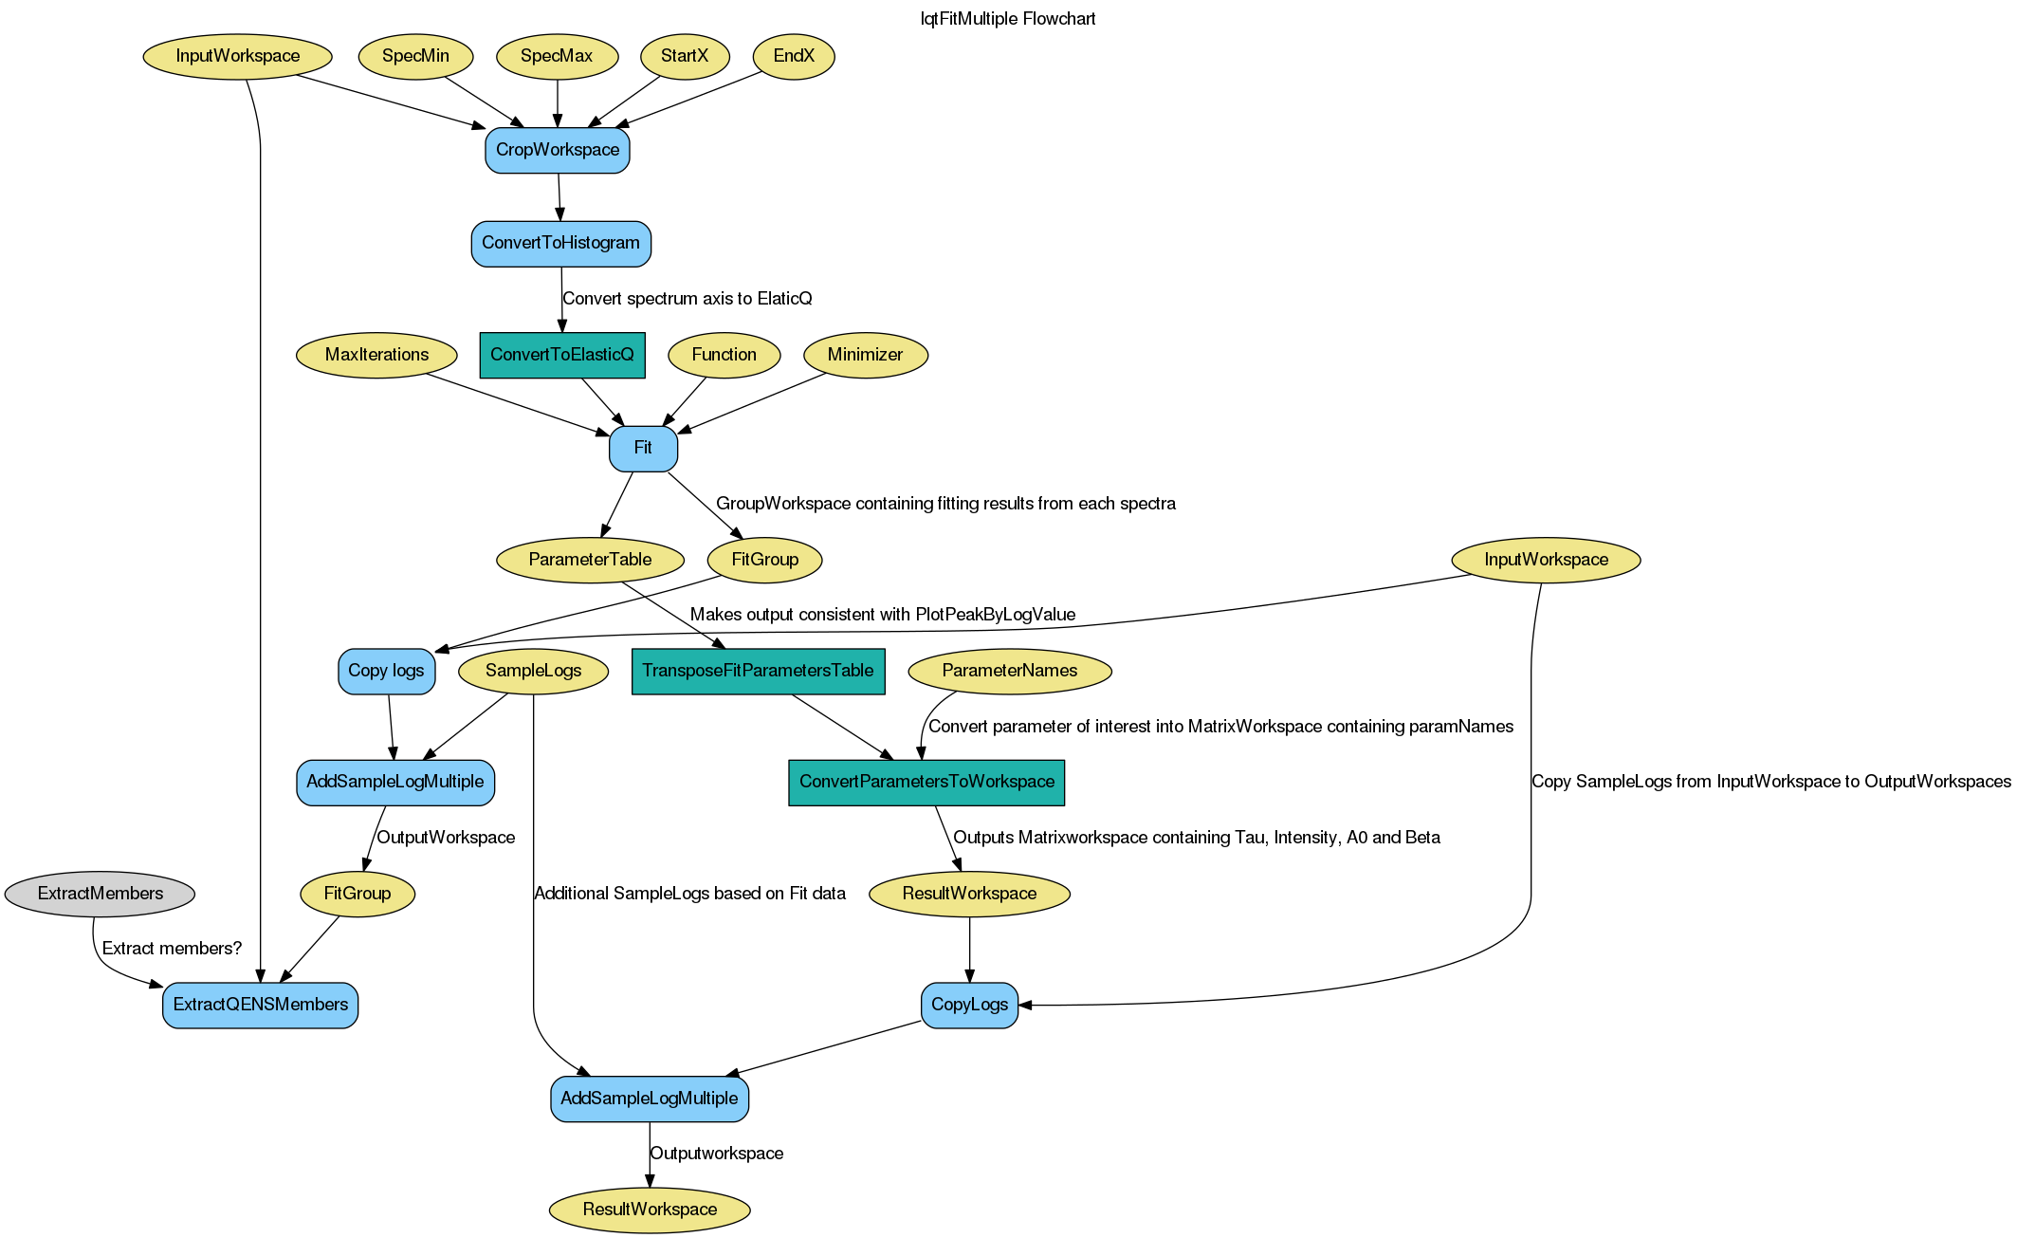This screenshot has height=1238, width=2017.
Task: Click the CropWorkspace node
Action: tap(558, 150)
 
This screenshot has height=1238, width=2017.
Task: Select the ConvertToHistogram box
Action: tap(560, 243)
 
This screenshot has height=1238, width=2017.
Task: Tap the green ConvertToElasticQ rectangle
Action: tap(562, 355)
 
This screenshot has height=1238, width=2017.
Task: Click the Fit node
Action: tap(643, 448)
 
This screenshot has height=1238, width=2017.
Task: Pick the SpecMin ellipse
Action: tap(415, 56)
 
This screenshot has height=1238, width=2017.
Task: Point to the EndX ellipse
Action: tap(794, 56)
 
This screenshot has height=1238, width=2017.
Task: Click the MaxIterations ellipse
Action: tap(376, 355)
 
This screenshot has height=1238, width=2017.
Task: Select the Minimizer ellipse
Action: tap(865, 355)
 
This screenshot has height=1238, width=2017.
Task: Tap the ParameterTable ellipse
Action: tap(590, 560)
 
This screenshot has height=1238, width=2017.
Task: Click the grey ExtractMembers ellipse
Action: tap(100, 894)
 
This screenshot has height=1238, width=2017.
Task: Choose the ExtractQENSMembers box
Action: tap(261, 1005)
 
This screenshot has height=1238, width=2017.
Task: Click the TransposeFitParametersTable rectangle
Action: tap(758, 671)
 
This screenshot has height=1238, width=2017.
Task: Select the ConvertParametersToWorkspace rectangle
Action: tap(926, 782)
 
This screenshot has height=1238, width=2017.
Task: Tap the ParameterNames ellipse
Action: tap(1009, 671)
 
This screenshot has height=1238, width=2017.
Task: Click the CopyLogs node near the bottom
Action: tap(969, 1005)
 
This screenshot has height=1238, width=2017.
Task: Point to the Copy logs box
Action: tap(386, 671)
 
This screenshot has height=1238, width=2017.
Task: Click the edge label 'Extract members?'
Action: tap(172, 949)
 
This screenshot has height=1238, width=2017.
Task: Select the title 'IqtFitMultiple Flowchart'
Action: tap(1008, 19)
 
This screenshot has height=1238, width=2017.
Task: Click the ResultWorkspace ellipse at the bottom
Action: tap(650, 1210)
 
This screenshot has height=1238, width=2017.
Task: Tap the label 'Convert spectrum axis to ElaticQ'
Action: tap(688, 299)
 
